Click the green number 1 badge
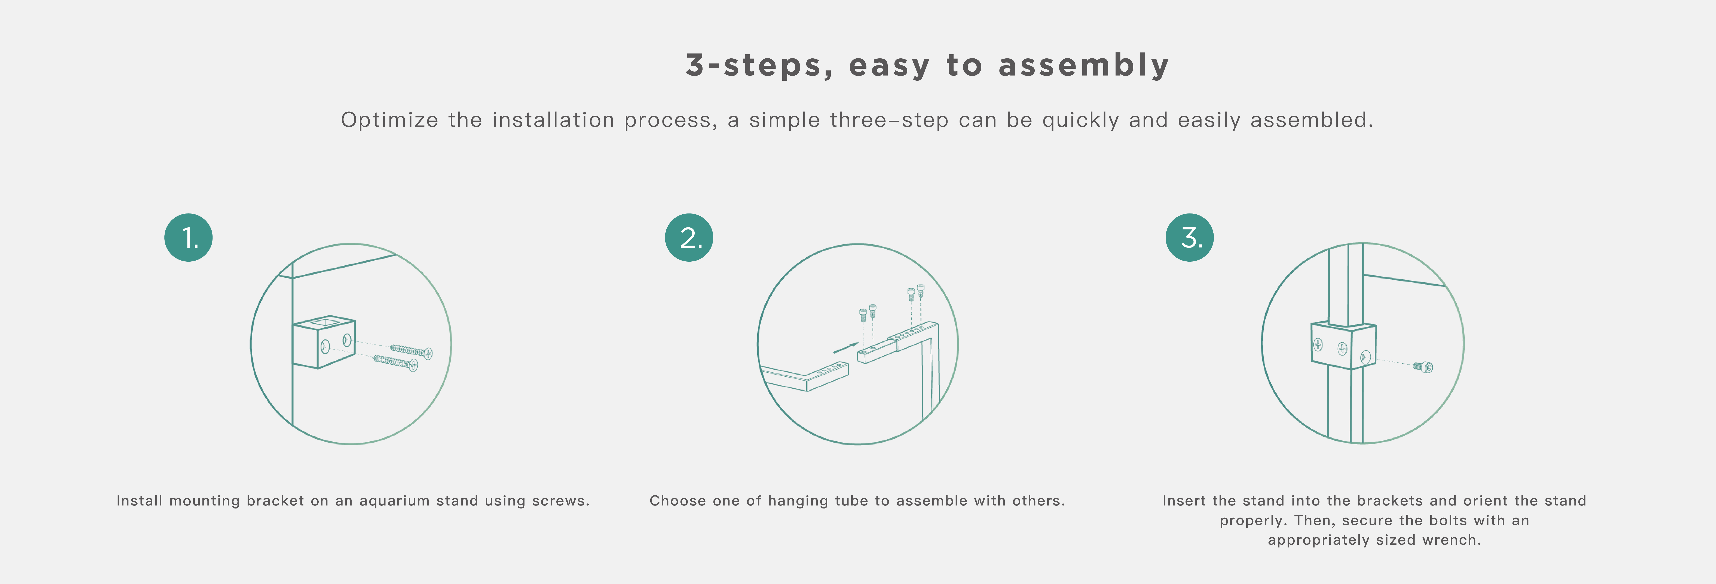pyautogui.click(x=189, y=238)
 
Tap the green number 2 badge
pyautogui.click(x=689, y=238)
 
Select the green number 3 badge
pyautogui.click(x=1190, y=238)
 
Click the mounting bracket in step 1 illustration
pyautogui.click(x=324, y=342)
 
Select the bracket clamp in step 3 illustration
pyautogui.click(x=1343, y=346)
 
